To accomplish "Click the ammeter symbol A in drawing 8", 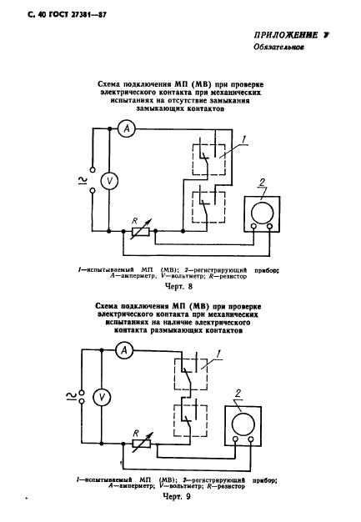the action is pyautogui.click(x=127, y=128).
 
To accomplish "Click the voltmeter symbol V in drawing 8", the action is pyautogui.click(x=109, y=181).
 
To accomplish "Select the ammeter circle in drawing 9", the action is pyautogui.click(x=124, y=350).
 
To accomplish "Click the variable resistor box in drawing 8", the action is pyautogui.click(x=141, y=231).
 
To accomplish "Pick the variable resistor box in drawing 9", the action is pyautogui.click(x=142, y=444).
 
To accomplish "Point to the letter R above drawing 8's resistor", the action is pyautogui.click(x=135, y=221).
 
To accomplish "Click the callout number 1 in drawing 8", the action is pyautogui.click(x=244, y=140).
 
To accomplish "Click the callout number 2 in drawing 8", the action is pyautogui.click(x=263, y=183).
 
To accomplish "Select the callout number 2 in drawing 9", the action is pyautogui.click(x=238, y=394).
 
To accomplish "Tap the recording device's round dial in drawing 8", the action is pyautogui.click(x=262, y=213).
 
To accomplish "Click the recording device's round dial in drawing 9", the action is pyautogui.click(x=243, y=424).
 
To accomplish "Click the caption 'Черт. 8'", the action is pyautogui.click(x=178, y=286).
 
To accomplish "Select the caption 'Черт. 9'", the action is pyautogui.click(x=177, y=496).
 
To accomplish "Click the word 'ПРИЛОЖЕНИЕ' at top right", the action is pyautogui.click(x=286, y=35).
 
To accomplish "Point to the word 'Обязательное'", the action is pyautogui.click(x=278, y=47).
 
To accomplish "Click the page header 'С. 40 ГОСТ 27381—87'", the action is pyautogui.click(x=68, y=15).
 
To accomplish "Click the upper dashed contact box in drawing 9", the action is pyautogui.click(x=191, y=374).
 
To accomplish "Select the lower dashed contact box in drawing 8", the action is pyautogui.click(x=208, y=207).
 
